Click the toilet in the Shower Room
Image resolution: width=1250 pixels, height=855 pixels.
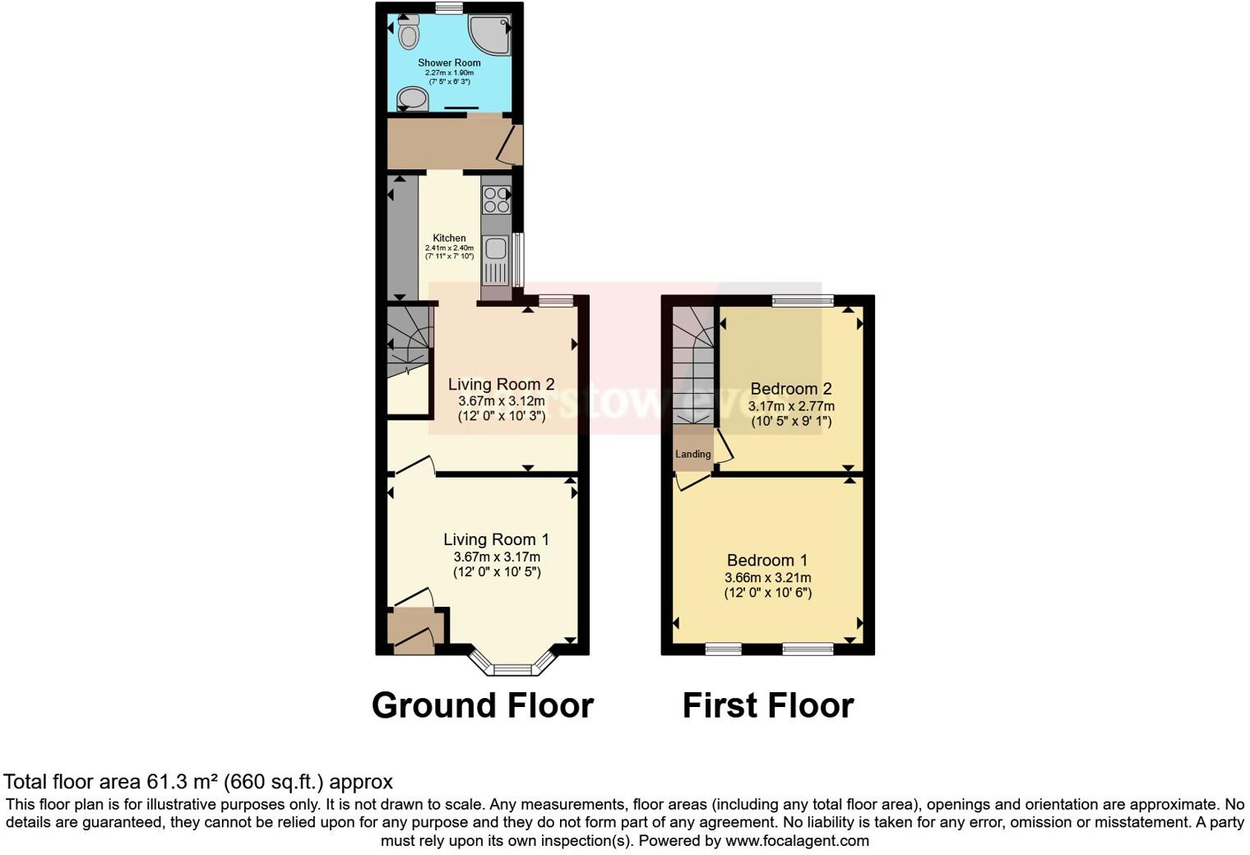(x=409, y=33)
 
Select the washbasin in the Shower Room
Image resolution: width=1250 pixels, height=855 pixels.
(x=413, y=99)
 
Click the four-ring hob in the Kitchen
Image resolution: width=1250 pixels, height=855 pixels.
(x=496, y=200)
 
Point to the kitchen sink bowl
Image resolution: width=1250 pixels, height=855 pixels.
(x=495, y=247)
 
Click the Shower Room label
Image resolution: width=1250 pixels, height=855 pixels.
(x=449, y=62)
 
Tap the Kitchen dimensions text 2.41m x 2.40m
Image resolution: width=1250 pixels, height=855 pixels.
(x=449, y=247)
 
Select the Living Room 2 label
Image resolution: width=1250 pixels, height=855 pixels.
(x=501, y=384)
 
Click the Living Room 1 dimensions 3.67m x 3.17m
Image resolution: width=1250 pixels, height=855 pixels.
(x=497, y=557)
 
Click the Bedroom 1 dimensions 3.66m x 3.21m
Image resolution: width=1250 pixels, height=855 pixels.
(x=768, y=577)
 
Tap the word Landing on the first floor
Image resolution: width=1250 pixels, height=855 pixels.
(x=693, y=454)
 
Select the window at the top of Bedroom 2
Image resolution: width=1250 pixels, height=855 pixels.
(x=803, y=300)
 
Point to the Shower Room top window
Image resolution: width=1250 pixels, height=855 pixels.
(x=449, y=8)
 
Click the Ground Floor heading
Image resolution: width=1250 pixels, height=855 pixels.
(x=483, y=705)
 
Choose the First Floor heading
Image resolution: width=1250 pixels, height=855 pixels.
(x=768, y=705)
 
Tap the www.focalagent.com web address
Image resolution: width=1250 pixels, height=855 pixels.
(x=797, y=840)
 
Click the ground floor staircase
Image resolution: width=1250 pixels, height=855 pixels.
(x=409, y=338)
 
